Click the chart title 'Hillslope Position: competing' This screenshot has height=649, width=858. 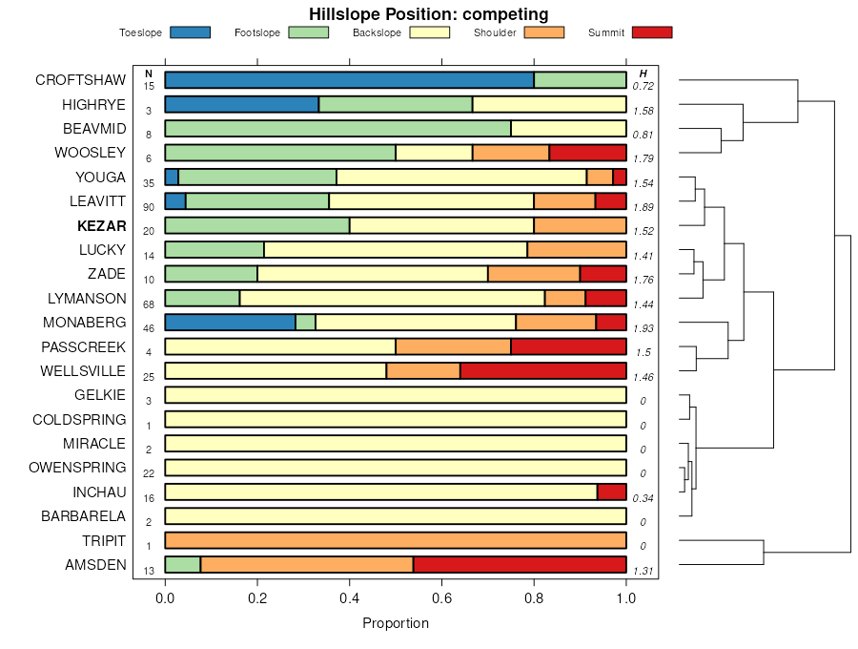428,14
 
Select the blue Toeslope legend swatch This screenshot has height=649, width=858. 190,32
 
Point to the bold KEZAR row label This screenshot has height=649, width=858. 101,225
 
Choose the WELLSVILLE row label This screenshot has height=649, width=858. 83,370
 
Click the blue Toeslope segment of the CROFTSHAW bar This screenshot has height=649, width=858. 349,80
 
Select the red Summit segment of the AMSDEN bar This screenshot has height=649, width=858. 520,565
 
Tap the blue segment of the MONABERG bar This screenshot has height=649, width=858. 230,323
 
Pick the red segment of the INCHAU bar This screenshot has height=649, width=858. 611,492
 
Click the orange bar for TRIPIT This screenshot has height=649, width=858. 396,540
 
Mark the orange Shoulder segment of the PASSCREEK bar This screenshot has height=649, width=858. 453,346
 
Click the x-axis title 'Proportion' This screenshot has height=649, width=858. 396,623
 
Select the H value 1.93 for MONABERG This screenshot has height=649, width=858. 643,328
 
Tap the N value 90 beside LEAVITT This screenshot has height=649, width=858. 149,207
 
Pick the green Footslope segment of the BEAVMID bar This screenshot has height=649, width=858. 337,129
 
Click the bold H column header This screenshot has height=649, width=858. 643,73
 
